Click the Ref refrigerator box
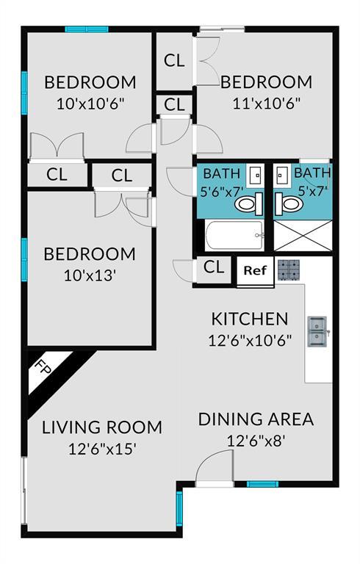255,271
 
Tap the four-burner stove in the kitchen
289,270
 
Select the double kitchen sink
317,331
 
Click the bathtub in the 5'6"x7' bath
234,236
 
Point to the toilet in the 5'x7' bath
287,204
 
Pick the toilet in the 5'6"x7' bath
249,204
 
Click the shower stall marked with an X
303,236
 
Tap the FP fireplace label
43,368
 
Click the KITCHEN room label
250,319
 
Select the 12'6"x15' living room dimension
102,449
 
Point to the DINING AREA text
256,419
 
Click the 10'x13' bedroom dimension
90,275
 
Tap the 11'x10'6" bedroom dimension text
267,104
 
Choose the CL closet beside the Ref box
214,267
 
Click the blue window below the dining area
262,484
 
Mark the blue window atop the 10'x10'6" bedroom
87,29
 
